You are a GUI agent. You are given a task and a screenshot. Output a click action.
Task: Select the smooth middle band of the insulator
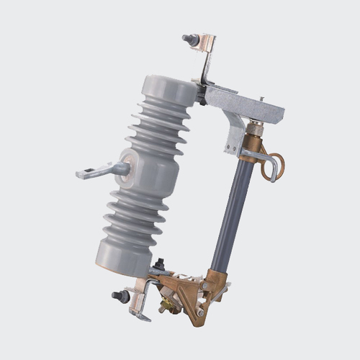[x=144, y=173]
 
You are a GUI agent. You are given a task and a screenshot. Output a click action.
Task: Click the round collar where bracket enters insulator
[x=125, y=168]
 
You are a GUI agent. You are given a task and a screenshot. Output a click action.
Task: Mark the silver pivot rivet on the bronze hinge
[x=206, y=285]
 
